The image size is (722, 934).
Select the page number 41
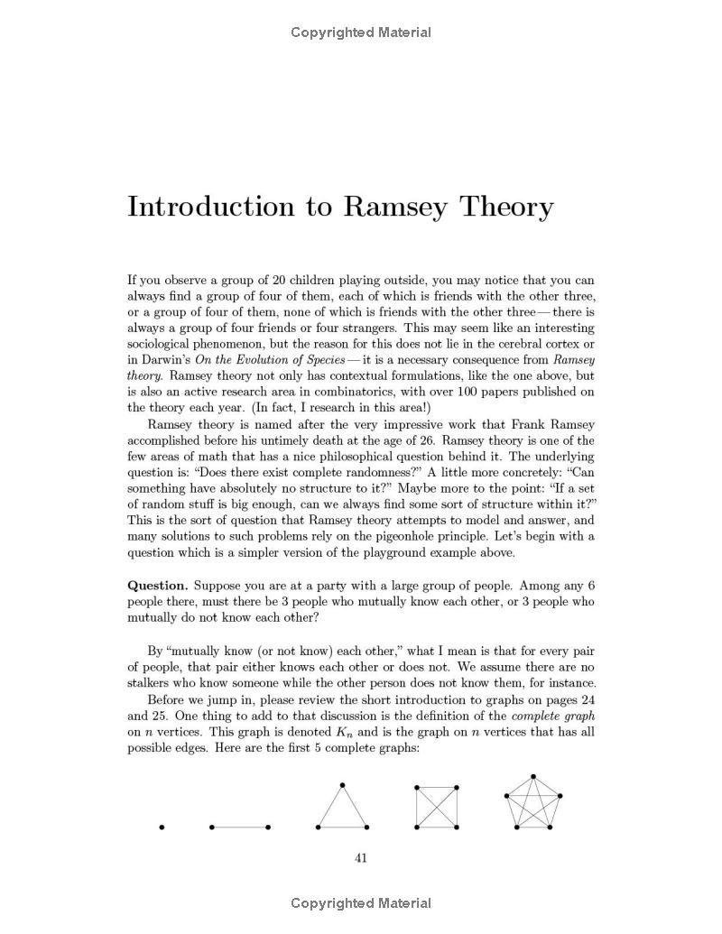tap(361, 858)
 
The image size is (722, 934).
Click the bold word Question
tap(157, 585)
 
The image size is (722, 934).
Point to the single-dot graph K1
tap(162, 827)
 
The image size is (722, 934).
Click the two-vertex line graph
tap(240, 827)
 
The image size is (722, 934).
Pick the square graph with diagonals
tap(437, 807)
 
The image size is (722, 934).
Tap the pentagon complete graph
tap(533, 804)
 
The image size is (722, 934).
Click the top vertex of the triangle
tap(343, 785)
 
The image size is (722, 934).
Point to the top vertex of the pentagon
tap(533, 776)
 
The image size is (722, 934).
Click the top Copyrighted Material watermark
tap(361, 32)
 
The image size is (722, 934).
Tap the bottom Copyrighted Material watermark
tap(361, 903)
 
